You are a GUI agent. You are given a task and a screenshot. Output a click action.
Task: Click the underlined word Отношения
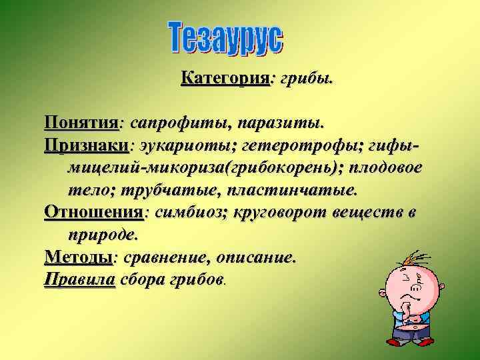click(x=93, y=212)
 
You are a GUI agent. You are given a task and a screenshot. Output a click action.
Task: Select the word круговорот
click(x=288, y=212)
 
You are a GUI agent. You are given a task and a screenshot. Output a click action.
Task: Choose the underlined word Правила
click(x=79, y=279)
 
